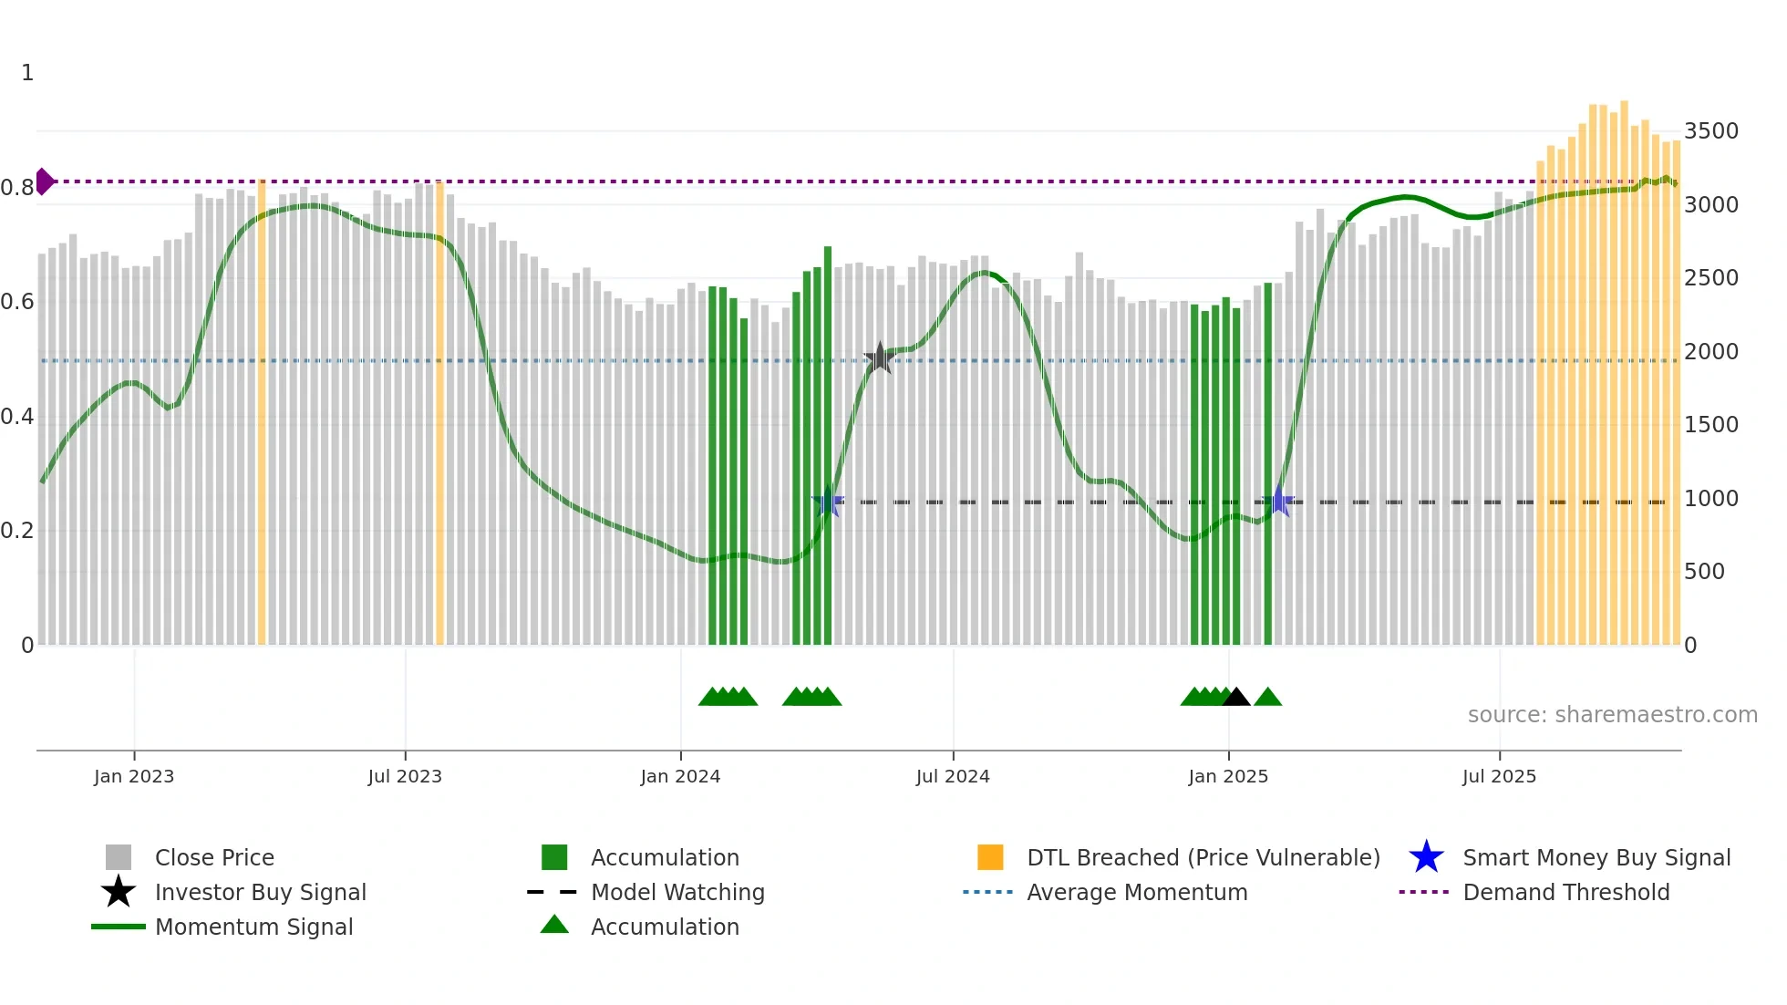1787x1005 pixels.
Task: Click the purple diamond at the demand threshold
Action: [x=44, y=181]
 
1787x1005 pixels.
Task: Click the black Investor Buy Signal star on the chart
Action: [x=879, y=358]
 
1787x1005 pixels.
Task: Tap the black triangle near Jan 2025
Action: [x=1235, y=698]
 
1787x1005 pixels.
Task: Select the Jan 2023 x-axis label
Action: [x=134, y=776]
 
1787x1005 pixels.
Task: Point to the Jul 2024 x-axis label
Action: [x=953, y=776]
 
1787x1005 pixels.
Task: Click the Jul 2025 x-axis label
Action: [x=1499, y=776]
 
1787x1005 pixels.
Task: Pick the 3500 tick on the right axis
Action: [x=1710, y=131]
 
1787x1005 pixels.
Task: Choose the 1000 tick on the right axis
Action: [x=1710, y=499]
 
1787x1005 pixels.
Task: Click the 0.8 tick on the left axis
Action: [x=17, y=188]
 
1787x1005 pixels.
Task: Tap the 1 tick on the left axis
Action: [x=27, y=73]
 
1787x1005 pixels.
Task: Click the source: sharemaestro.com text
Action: [x=1612, y=715]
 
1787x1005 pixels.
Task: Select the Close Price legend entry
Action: [x=214, y=857]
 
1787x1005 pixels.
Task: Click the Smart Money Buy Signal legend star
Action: [x=1426, y=857]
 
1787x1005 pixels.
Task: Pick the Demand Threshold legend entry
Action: [x=1565, y=892]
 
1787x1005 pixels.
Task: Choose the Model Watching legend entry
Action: [x=677, y=892]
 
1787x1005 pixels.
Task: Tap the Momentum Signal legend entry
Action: [x=253, y=927]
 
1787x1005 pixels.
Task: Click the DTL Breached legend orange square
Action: [x=990, y=857]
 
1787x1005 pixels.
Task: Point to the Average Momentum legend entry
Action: [x=1137, y=892]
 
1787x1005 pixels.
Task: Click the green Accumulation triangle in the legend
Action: [x=554, y=925]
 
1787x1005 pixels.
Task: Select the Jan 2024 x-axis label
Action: [x=680, y=776]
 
